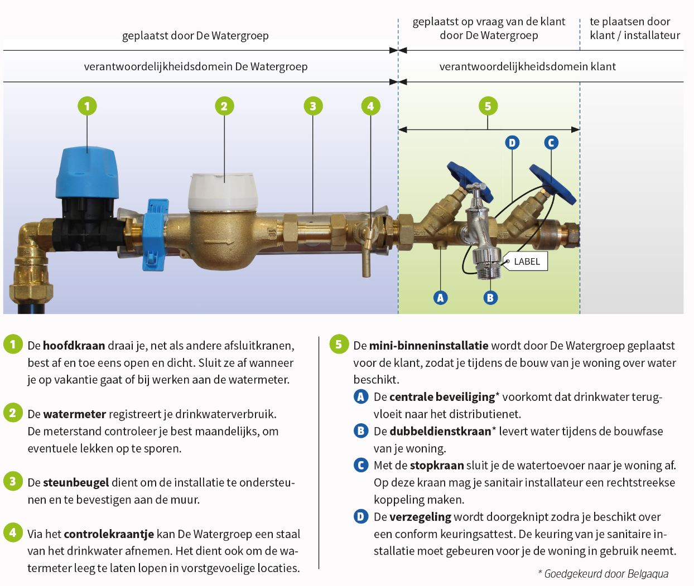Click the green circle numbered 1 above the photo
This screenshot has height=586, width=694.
coord(87,106)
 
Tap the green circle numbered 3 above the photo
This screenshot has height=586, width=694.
coord(312,106)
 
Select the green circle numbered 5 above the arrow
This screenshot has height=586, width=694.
coord(488,106)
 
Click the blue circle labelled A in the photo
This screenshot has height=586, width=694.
coord(440,298)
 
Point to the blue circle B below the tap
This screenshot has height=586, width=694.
coord(490,298)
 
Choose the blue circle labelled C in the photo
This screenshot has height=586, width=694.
coord(551,143)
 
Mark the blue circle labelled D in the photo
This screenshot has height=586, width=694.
coord(512,143)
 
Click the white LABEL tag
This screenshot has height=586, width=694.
coord(526,261)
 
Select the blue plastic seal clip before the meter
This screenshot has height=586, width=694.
coord(153,234)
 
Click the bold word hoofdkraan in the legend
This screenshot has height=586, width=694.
coord(74,346)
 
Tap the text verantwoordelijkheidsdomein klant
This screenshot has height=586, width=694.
coord(527,66)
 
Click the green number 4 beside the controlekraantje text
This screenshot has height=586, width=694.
coord(13,532)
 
